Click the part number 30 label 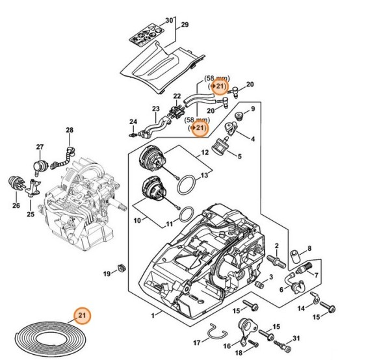[x=169, y=20]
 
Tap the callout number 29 [x=185, y=25]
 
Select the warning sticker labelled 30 [x=147, y=35]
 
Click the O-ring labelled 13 [x=186, y=185]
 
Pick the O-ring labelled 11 [x=187, y=214]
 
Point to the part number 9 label [x=253, y=109]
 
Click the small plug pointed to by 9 [x=239, y=116]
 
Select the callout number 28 [x=70, y=130]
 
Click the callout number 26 [x=16, y=206]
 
